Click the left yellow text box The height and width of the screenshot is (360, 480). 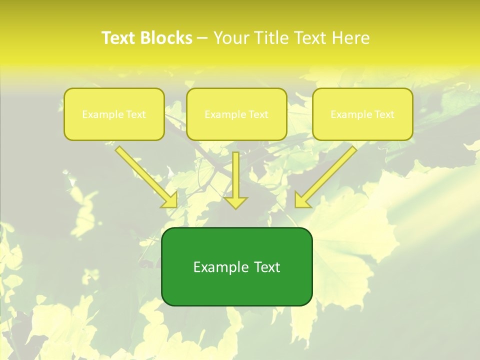(x=114, y=114)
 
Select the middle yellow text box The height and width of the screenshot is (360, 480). (x=236, y=114)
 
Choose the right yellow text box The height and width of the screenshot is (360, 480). (x=362, y=114)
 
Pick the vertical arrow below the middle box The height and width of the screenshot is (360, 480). (x=235, y=175)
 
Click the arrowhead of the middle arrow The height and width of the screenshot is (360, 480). (x=235, y=202)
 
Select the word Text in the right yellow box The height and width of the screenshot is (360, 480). (x=384, y=114)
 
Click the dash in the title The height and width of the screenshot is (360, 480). (x=202, y=38)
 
